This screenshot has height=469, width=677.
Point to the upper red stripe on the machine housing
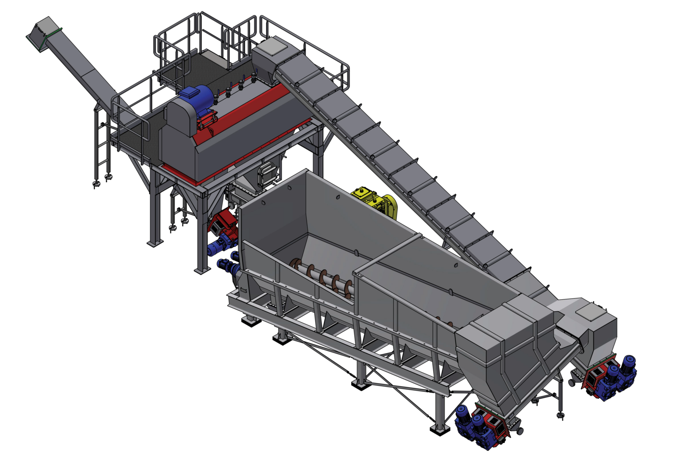(251, 106)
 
